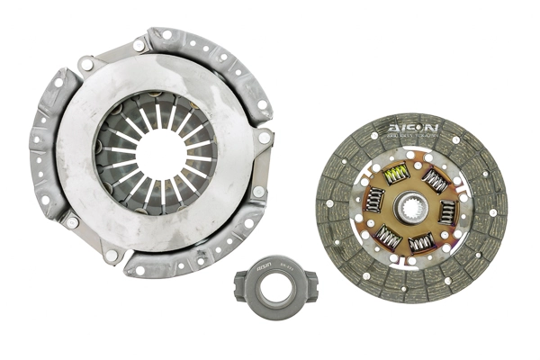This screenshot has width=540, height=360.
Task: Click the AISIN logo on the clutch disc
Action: [x=412, y=129]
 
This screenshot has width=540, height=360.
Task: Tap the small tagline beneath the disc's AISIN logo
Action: [x=412, y=138]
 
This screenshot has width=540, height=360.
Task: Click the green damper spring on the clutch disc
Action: [x=395, y=173]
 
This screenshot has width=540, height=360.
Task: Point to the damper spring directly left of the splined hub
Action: [x=375, y=200]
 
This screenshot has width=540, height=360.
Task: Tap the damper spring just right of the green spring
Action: [x=435, y=183]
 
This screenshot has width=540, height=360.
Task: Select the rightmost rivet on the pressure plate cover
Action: [x=265, y=138]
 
